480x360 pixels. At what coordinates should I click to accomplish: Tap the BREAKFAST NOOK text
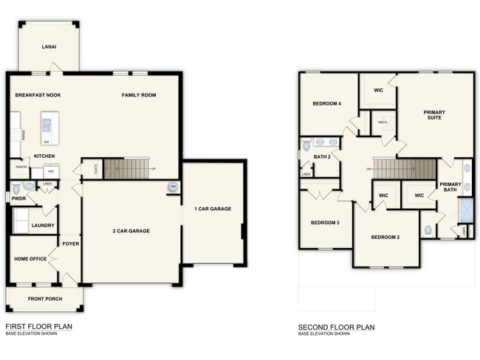tap(38, 95)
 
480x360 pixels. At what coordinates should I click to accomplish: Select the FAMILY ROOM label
tap(139, 95)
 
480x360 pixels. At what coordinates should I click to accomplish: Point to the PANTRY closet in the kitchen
tap(21, 169)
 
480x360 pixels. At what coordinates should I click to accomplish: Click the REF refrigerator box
tap(51, 170)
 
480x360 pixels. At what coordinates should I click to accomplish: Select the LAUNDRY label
tap(43, 225)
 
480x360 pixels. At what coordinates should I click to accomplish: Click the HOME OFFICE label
tap(30, 259)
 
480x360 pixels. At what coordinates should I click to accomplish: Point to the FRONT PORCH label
tap(45, 299)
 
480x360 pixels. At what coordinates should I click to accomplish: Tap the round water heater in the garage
tap(173, 187)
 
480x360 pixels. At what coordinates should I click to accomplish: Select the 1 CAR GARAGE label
tap(213, 209)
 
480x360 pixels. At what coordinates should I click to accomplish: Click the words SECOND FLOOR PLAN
tap(336, 326)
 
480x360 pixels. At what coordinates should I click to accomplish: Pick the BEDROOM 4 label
tap(326, 103)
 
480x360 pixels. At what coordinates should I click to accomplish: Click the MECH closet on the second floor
tap(383, 122)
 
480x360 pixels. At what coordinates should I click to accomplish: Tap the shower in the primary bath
tap(467, 210)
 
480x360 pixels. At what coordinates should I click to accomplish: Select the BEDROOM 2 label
tap(385, 237)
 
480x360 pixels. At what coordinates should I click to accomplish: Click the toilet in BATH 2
tap(305, 145)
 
